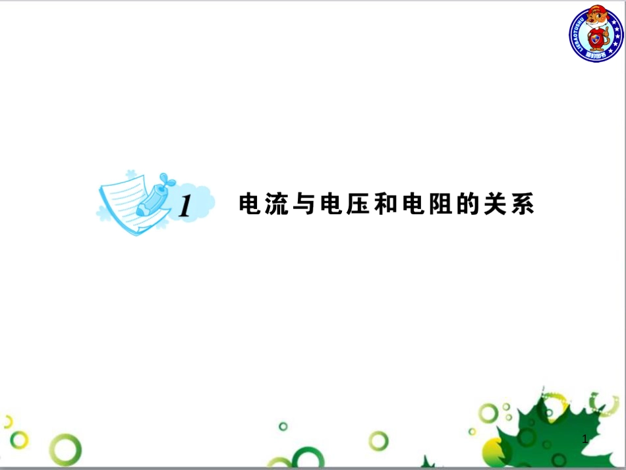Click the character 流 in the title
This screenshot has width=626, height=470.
click(273, 205)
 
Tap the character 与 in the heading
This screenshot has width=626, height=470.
click(298, 205)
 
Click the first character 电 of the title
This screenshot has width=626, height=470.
click(249, 205)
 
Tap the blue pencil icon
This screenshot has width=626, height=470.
click(151, 198)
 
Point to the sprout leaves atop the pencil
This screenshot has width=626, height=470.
click(166, 178)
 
